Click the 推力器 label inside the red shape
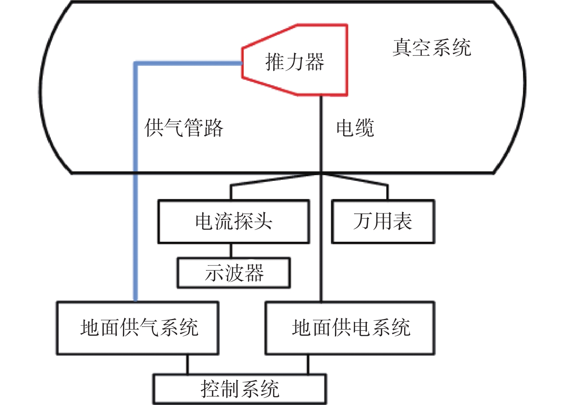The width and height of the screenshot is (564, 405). point(295,62)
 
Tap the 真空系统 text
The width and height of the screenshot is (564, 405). point(431,47)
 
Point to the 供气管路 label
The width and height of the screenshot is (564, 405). point(183,128)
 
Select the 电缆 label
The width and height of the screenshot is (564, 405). point(355,128)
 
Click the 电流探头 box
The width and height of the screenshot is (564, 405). point(233,221)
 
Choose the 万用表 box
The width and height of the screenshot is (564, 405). point(383,221)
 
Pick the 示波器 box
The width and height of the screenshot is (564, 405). point(233,273)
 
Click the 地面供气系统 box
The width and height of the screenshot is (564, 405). point(138,328)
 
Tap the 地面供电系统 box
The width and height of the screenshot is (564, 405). point(350,328)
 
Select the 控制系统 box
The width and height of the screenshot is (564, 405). point(240,389)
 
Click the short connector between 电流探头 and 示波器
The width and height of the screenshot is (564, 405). point(231,250)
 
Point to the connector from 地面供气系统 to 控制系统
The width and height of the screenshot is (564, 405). point(187,364)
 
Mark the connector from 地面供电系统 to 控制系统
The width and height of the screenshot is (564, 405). point(308,364)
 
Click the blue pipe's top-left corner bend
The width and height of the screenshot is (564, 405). point(136,63)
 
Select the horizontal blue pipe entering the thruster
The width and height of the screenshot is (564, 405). point(188,63)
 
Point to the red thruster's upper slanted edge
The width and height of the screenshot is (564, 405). point(270,36)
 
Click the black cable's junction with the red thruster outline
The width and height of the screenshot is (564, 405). point(321,95)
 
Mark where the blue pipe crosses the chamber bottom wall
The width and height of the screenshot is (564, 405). point(136,173)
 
